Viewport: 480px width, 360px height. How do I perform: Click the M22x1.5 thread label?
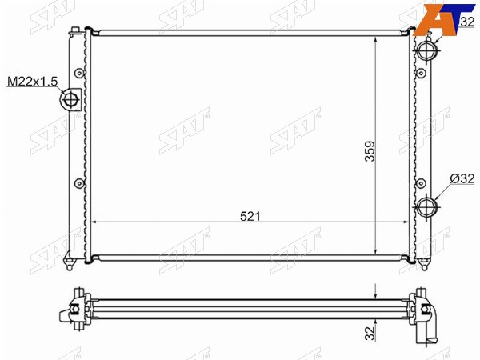pyautogui.click(x=33, y=82)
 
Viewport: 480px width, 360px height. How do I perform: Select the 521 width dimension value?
pyautogui.click(x=250, y=217)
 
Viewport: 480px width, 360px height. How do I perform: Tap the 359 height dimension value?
pyautogui.click(x=370, y=151)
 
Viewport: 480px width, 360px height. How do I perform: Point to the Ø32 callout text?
pyautogui.click(x=462, y=178)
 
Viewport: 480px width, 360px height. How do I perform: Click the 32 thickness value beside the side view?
pyautogui.click(x=370, y=333)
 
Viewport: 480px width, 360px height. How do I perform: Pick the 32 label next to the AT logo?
pyautogui.click(x=467, y=22)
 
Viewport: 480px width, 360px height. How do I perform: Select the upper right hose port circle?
pyautogui.click(x=426, y=50)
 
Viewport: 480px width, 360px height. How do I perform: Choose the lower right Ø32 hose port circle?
pyautogui.click(x=426, y=206)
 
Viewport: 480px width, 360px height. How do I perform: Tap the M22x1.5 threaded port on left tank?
pyautogui.click(x=70, y=100)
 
